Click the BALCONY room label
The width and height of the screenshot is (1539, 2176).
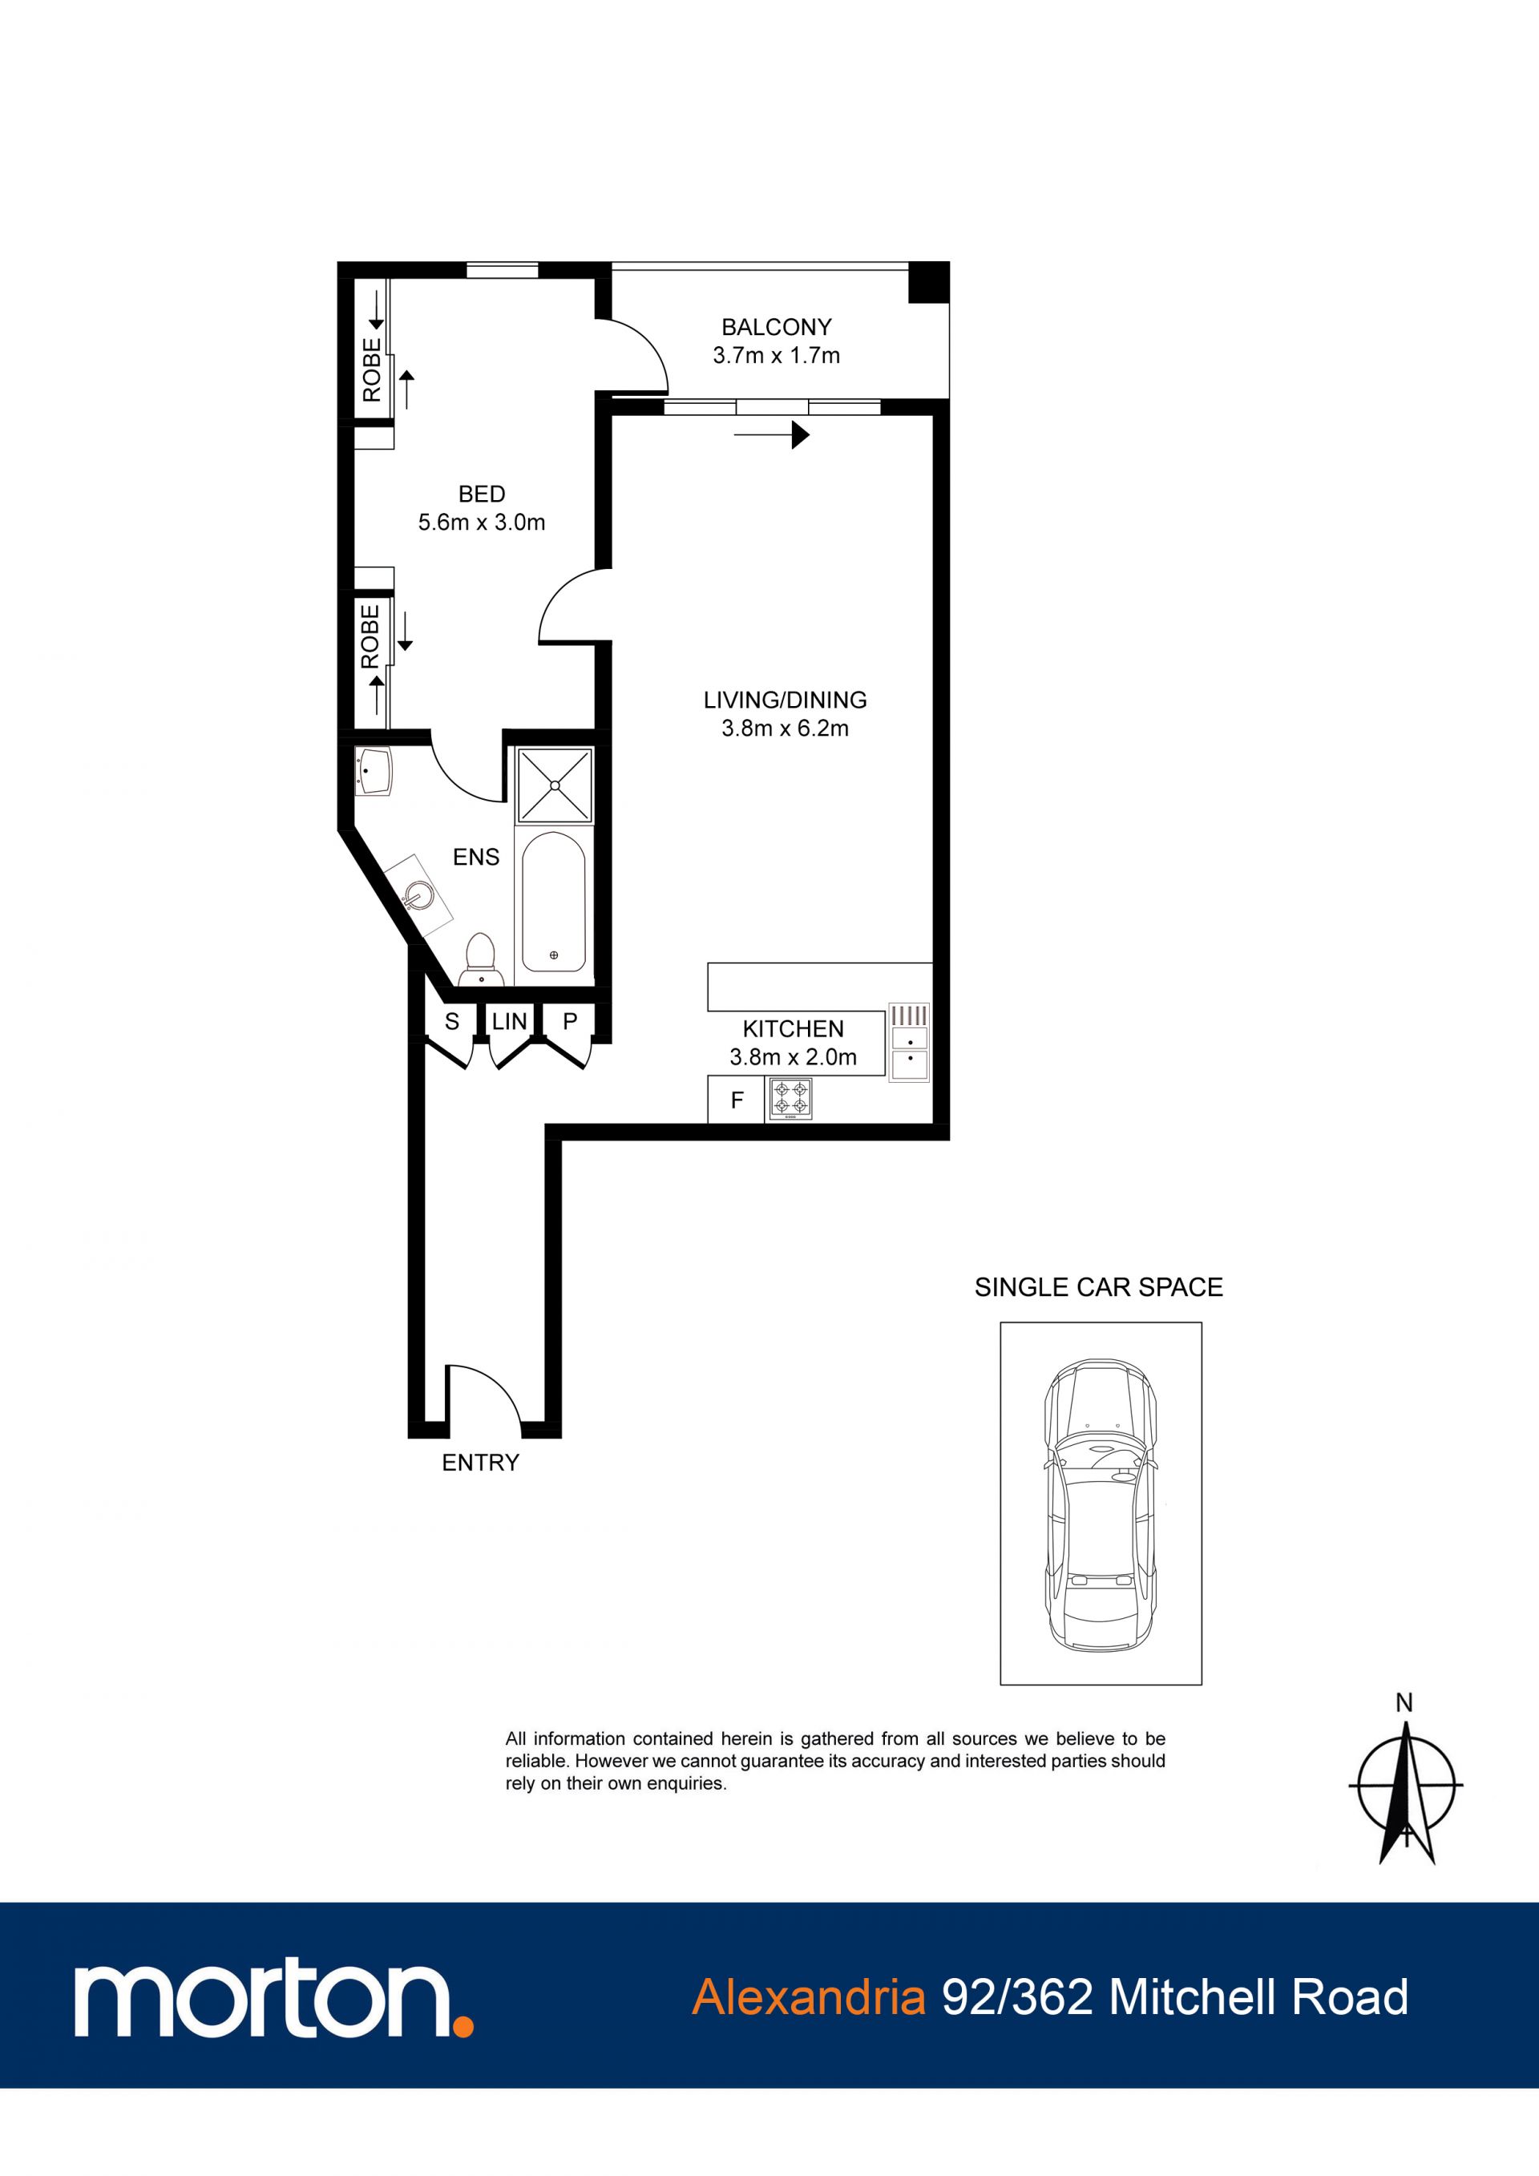776,327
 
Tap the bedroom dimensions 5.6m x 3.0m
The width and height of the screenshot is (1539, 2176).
482,523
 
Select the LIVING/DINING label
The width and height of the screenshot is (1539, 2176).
785,700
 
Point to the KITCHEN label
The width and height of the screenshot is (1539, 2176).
794,1029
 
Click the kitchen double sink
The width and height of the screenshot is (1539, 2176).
909,1044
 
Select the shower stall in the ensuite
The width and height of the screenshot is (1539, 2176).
555,785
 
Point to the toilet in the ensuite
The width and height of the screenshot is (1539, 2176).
480,959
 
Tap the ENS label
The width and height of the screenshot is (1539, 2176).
475,858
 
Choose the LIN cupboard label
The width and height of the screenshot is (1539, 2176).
509,1022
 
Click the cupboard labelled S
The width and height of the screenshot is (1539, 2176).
452,1022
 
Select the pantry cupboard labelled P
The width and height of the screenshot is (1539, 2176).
570,1022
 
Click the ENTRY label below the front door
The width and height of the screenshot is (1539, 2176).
480,1463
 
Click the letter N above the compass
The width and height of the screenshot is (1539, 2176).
1404,1703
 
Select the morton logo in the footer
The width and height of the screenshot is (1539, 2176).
274,2000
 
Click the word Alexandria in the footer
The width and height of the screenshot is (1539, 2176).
808,1998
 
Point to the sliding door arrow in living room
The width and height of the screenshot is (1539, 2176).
771,435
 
